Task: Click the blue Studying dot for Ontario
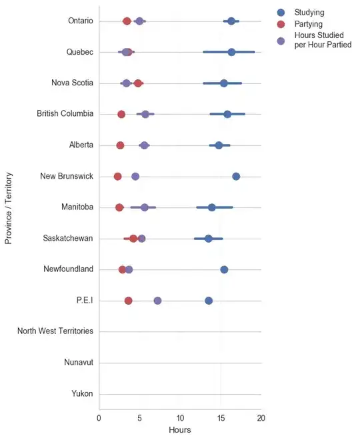point(231,21)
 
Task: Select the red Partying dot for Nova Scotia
point(138,83)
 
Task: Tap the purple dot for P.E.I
point(157,301)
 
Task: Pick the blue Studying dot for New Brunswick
point(236,176)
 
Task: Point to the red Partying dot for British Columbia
point(121,115)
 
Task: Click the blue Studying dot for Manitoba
point(212,207)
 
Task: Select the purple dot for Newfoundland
point(129,269)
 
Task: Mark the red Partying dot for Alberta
point(120,145)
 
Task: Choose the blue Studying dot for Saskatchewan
point(209,238)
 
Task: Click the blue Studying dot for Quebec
point(231,52)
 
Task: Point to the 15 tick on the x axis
point(221,418)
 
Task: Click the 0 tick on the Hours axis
point(99,418)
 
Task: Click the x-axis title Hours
point(180,430)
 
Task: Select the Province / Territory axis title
point(9,207)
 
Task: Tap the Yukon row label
point(82,394)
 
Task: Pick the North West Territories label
point(55,331)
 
